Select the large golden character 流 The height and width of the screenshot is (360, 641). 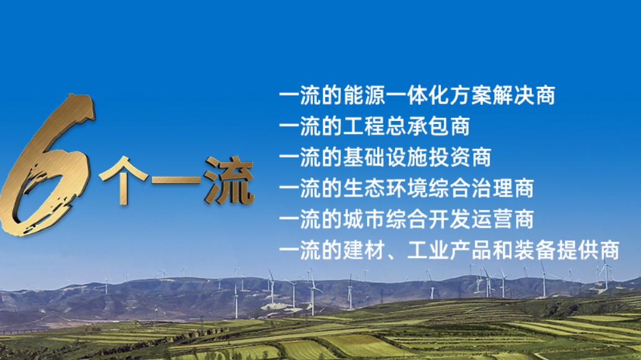pos(229,180)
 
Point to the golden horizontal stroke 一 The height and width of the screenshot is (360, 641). pos(176,180)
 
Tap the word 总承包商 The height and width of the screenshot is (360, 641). pos(428,126)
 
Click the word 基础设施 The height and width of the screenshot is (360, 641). pos(386,157)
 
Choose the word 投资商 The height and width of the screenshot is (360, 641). pos(460,157)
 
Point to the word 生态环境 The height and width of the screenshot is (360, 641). pos(386,188)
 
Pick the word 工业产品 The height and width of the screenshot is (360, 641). pos(450,251)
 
